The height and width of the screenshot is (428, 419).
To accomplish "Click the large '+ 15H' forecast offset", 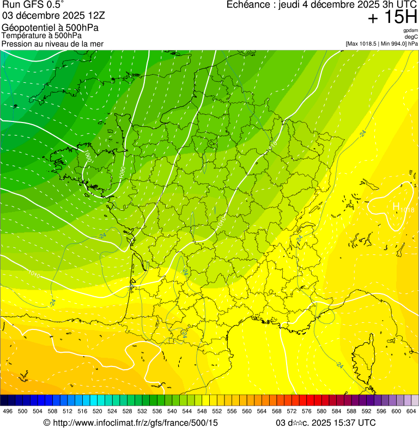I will click(392, 17).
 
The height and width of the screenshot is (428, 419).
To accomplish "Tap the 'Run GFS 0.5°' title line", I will click(33, 5).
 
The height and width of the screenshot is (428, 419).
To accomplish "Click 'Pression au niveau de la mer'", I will click(52, 44).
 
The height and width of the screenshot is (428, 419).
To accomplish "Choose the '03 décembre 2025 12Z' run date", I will click(53, 15).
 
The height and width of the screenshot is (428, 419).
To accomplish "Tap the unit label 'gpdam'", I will click(410, 30).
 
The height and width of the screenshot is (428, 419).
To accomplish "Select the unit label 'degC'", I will click(411, 37).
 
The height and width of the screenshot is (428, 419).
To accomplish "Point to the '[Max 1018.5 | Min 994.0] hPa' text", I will click(381, 44).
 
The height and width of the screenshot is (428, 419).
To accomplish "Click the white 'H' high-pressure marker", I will click(397, 207).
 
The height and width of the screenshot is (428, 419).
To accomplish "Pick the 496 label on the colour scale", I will click(8, 411).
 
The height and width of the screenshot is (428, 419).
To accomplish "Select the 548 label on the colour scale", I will click(201, 411).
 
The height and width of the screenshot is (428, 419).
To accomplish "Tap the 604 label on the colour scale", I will click(411, 411).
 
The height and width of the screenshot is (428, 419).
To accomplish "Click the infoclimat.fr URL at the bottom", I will click(131, 423).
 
